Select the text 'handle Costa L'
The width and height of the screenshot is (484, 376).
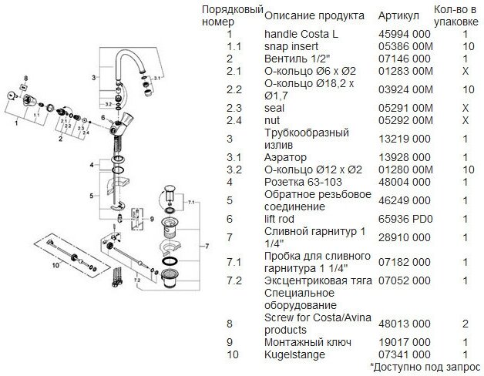point(301,35)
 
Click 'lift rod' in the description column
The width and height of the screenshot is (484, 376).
point(283,219)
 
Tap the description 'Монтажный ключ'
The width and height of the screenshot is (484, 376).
point(308,341)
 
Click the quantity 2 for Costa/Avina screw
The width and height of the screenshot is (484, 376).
point(466,324)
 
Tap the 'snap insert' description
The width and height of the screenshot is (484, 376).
point(292,45)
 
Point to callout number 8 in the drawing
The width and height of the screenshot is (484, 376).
point(25,79)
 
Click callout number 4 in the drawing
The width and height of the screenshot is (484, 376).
point(91,164)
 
